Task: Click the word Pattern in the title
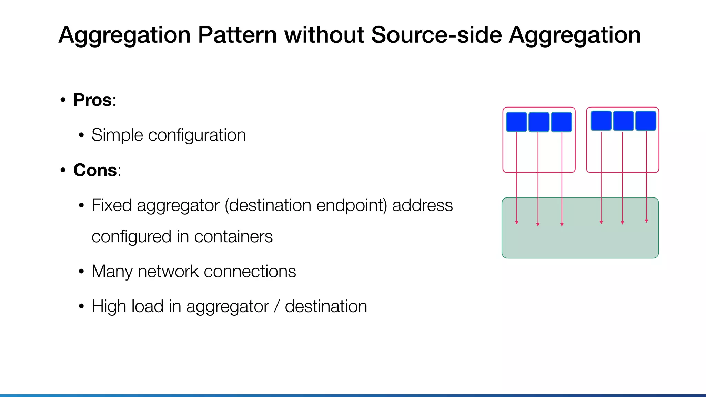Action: (x=237, y=35)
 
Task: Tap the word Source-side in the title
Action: (x=436, y=35)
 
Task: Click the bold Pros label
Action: (x=93, y=100)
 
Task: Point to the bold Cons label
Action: (x=95, y=170)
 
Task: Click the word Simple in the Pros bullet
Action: (x=117, y=135)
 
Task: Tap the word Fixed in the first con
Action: (x=111, y=205)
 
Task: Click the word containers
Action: (x=233, y=237)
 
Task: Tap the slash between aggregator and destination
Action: (x=276, y=306)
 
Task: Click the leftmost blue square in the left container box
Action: (x=516, y=122)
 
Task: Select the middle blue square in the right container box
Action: (x=623, y=121)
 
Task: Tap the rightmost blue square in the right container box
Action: (x=646, y=121)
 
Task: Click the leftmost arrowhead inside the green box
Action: (x=516, y=223)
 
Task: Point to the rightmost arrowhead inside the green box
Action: (x=646, y=221)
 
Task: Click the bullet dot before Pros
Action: (x=63, y=100)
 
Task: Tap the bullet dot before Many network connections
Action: (x=81, y=272)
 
